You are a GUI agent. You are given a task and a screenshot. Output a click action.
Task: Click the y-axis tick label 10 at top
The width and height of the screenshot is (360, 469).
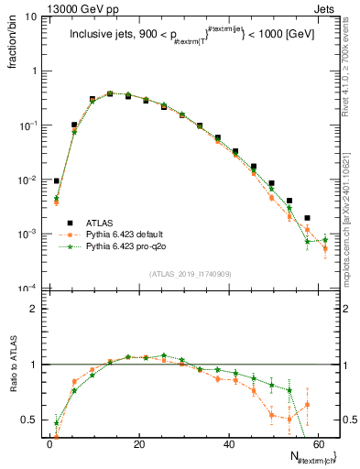coord(32,16)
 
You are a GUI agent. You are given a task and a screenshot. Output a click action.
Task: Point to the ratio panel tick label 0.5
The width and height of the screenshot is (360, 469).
coord(31,420)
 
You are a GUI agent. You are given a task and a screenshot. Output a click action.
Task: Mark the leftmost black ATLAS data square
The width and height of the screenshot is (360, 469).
coord(57,181)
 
